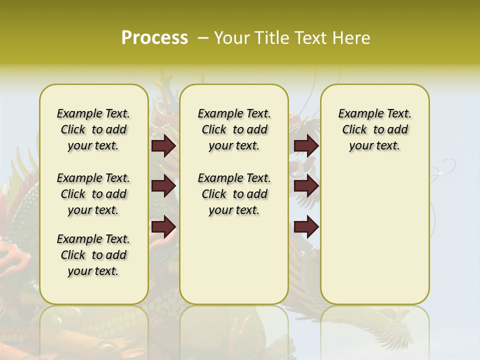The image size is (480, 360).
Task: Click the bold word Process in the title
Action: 154,37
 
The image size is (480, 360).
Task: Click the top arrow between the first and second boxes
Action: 163,146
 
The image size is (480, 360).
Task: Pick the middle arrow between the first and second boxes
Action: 163,186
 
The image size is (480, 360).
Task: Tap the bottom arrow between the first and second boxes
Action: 163,227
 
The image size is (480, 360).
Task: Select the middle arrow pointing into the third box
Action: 306,186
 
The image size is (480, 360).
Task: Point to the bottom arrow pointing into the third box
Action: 306,227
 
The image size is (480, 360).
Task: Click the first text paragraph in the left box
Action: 93,129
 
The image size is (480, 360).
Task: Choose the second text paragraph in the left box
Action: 93,194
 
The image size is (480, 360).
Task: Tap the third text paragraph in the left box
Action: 93,255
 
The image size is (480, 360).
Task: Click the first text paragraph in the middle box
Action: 234,129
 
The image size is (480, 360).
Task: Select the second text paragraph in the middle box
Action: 234,194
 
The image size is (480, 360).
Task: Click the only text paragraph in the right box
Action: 374,129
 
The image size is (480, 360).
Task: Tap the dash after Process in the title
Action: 202,38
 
